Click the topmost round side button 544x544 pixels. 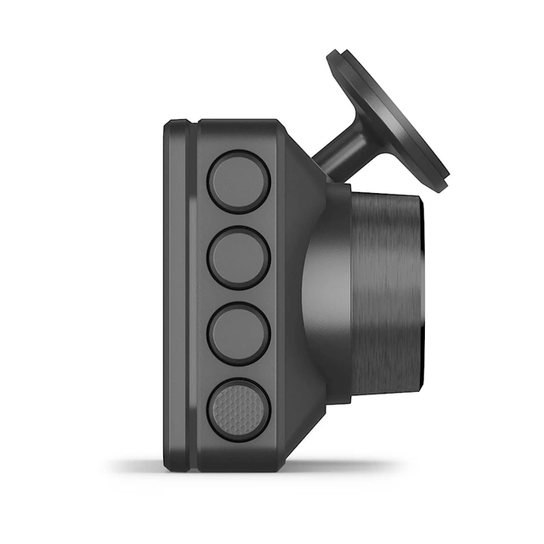(239, 182)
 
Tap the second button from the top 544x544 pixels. (239, 258)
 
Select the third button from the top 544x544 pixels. (239, 332)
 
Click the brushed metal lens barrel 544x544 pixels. (387, 289)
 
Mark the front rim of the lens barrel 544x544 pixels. (420, 289)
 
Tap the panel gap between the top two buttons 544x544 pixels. (239, 220)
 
